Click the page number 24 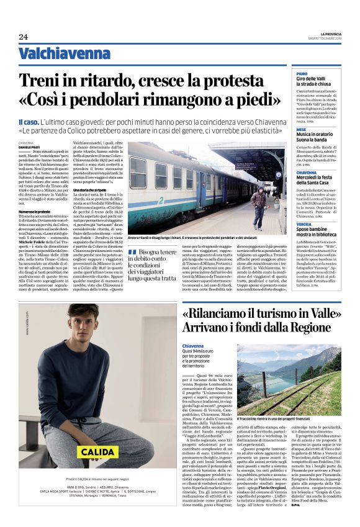23,37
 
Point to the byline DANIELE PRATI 29,146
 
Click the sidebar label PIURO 302,73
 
